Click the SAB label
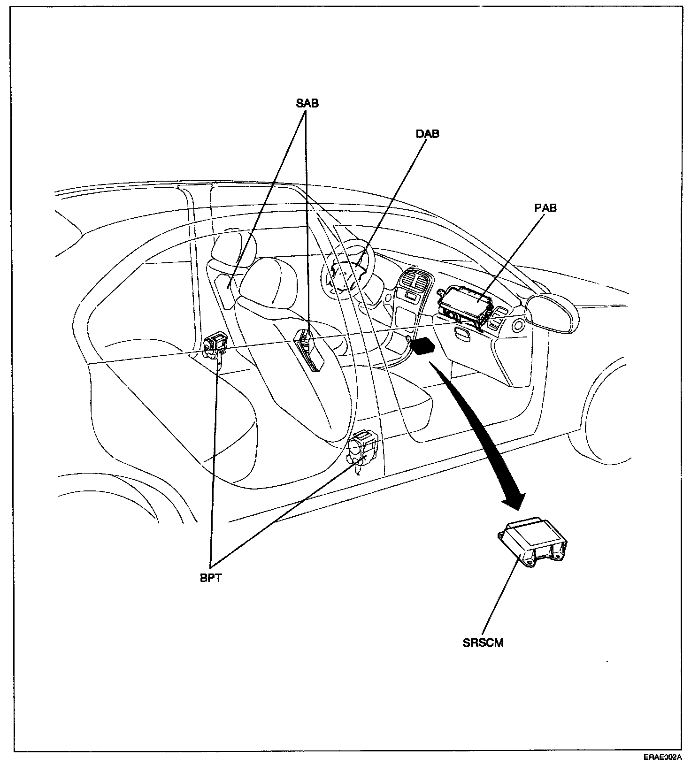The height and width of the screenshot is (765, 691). [x=307, y=103]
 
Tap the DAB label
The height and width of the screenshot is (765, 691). [x=427, y=134]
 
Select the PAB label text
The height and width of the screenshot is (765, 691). [x=545, y=207]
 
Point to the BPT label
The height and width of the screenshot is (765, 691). [x=210, y=578]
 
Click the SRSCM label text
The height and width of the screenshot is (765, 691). [x=483, y=643]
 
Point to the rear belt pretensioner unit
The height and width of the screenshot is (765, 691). [x=215, y=346]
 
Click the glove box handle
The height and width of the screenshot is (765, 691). [x=462, y=334]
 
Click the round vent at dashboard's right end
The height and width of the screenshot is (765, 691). [x=519, y=325]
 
